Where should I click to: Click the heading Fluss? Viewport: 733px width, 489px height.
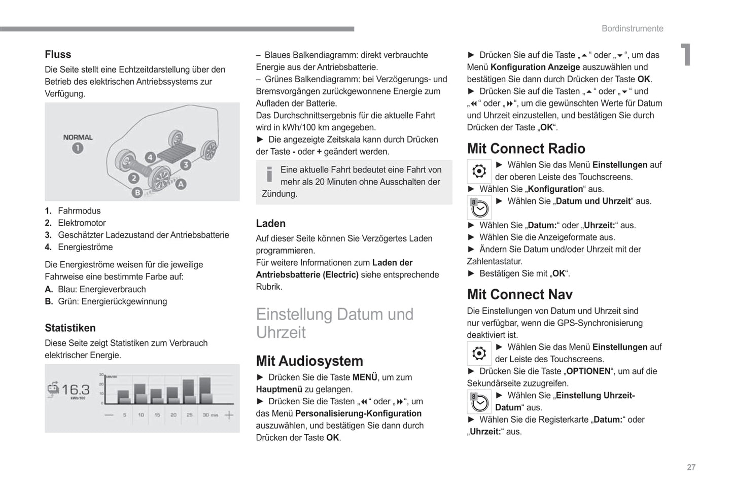click(x=58, y=54)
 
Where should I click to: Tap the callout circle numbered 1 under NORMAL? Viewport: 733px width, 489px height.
click(x=77, y=148)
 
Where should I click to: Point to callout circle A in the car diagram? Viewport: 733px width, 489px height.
click(x=181, y=184)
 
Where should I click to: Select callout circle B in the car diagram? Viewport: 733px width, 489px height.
click(x=136, y=192)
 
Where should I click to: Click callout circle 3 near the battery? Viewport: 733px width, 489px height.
click(x=186, y=164)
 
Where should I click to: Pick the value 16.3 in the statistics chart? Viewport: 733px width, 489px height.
click(x=75, y=390)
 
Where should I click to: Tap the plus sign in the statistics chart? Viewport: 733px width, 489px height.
click(x=229, y=415)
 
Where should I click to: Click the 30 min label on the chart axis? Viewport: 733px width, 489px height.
click(x=210, y=415)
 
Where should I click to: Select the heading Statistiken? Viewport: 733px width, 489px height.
click(x=70, y=328)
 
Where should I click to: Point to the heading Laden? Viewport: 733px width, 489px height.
click(x=270, y=223)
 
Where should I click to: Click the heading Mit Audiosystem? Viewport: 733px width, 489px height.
click(x=309, y=361)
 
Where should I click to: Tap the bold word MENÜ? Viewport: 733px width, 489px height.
click(x=365, y=377)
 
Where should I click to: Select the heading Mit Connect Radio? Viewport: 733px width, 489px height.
click(x=526, y=148)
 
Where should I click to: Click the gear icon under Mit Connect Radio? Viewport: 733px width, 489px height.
click(x=479, y=171)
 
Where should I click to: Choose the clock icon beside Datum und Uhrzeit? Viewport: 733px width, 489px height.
click(x=479, y=207)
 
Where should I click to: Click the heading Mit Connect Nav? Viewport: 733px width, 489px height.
click(x=519, y=294)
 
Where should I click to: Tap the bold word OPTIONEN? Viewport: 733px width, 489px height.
click(x=588, y=371)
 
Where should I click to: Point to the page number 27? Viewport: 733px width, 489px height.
click(x=691, y=467)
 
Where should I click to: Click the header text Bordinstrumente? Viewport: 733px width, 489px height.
click(x=632, y=28)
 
